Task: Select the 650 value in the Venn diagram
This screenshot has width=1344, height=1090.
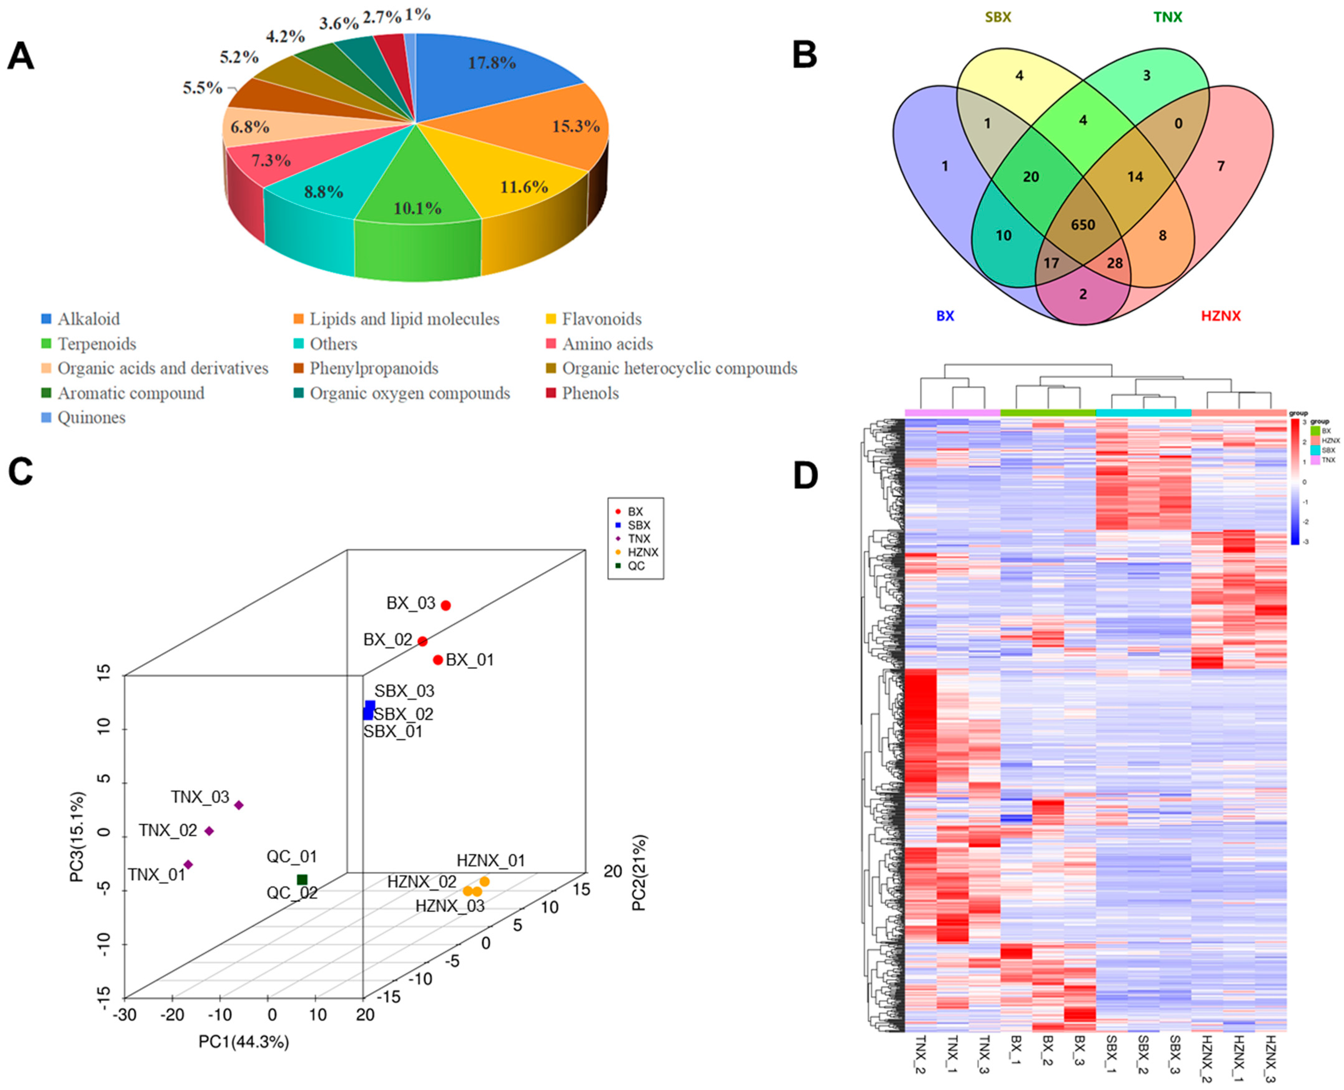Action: click(x=1083, y=225)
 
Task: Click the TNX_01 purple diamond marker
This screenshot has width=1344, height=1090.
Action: click(x=188, y=865)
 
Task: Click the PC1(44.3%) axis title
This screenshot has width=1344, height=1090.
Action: click(x=243, y=1042)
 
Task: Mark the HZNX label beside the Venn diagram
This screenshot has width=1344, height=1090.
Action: click(x=1220, y=316)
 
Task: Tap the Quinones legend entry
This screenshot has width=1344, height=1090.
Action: click(x=91, y=417)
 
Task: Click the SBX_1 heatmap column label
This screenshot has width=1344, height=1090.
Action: click(x=1111, y=1055)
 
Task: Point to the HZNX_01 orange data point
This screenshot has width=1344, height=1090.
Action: click(x=485, y=881)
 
